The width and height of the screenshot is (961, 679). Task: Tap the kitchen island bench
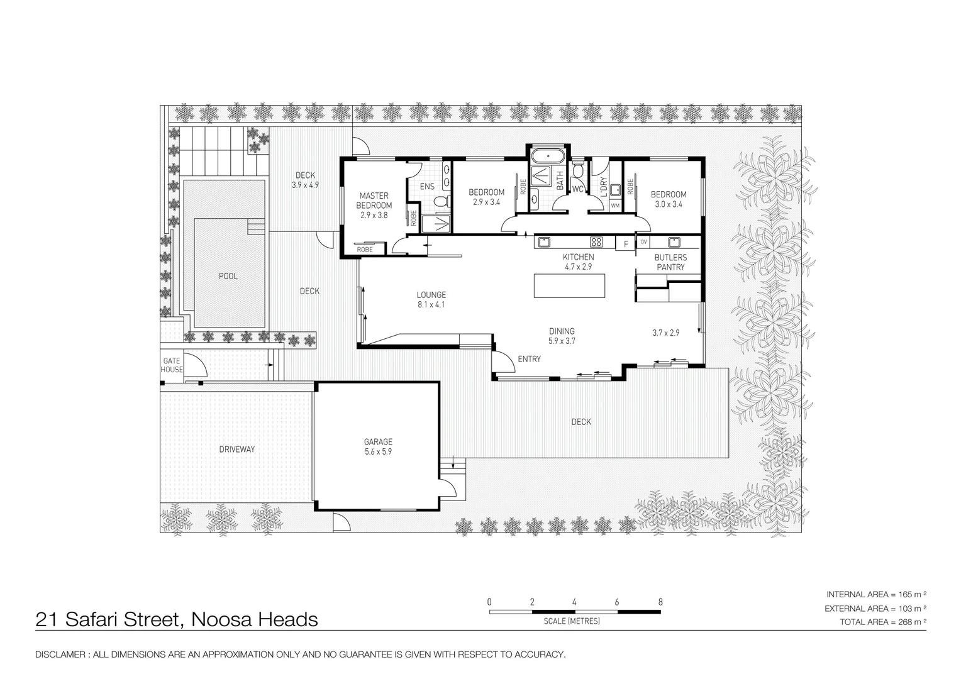click(x=570, y=285)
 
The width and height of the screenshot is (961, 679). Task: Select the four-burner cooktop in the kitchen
click(x=596, y=242)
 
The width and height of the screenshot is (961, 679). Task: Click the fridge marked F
click(x=626, y=244)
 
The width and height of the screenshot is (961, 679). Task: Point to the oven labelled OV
click(x=643, y=242)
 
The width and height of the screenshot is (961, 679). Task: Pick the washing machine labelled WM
click(x=614, y=206)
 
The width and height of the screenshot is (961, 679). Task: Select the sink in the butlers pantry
click(x=675, y=241)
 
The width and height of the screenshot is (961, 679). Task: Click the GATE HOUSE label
click(x=172, y=365)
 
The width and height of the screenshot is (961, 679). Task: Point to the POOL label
click(x=228, y=276)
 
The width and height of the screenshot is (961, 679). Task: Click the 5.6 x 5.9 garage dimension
click(x=378, y=451)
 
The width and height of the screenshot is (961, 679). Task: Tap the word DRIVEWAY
click(x=237, y=450)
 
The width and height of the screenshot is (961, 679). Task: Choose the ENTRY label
click(x=529, y=359)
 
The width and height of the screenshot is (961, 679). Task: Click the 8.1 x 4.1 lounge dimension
click(x=431, y=304)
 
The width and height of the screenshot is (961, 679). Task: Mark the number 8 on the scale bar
click(x=660, y=602)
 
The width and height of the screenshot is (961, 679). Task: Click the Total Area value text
click(x=884, y=622)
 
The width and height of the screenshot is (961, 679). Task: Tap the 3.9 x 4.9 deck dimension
click(x=305, y=185)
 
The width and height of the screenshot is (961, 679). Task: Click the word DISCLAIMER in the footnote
click(x=61, y=655)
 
